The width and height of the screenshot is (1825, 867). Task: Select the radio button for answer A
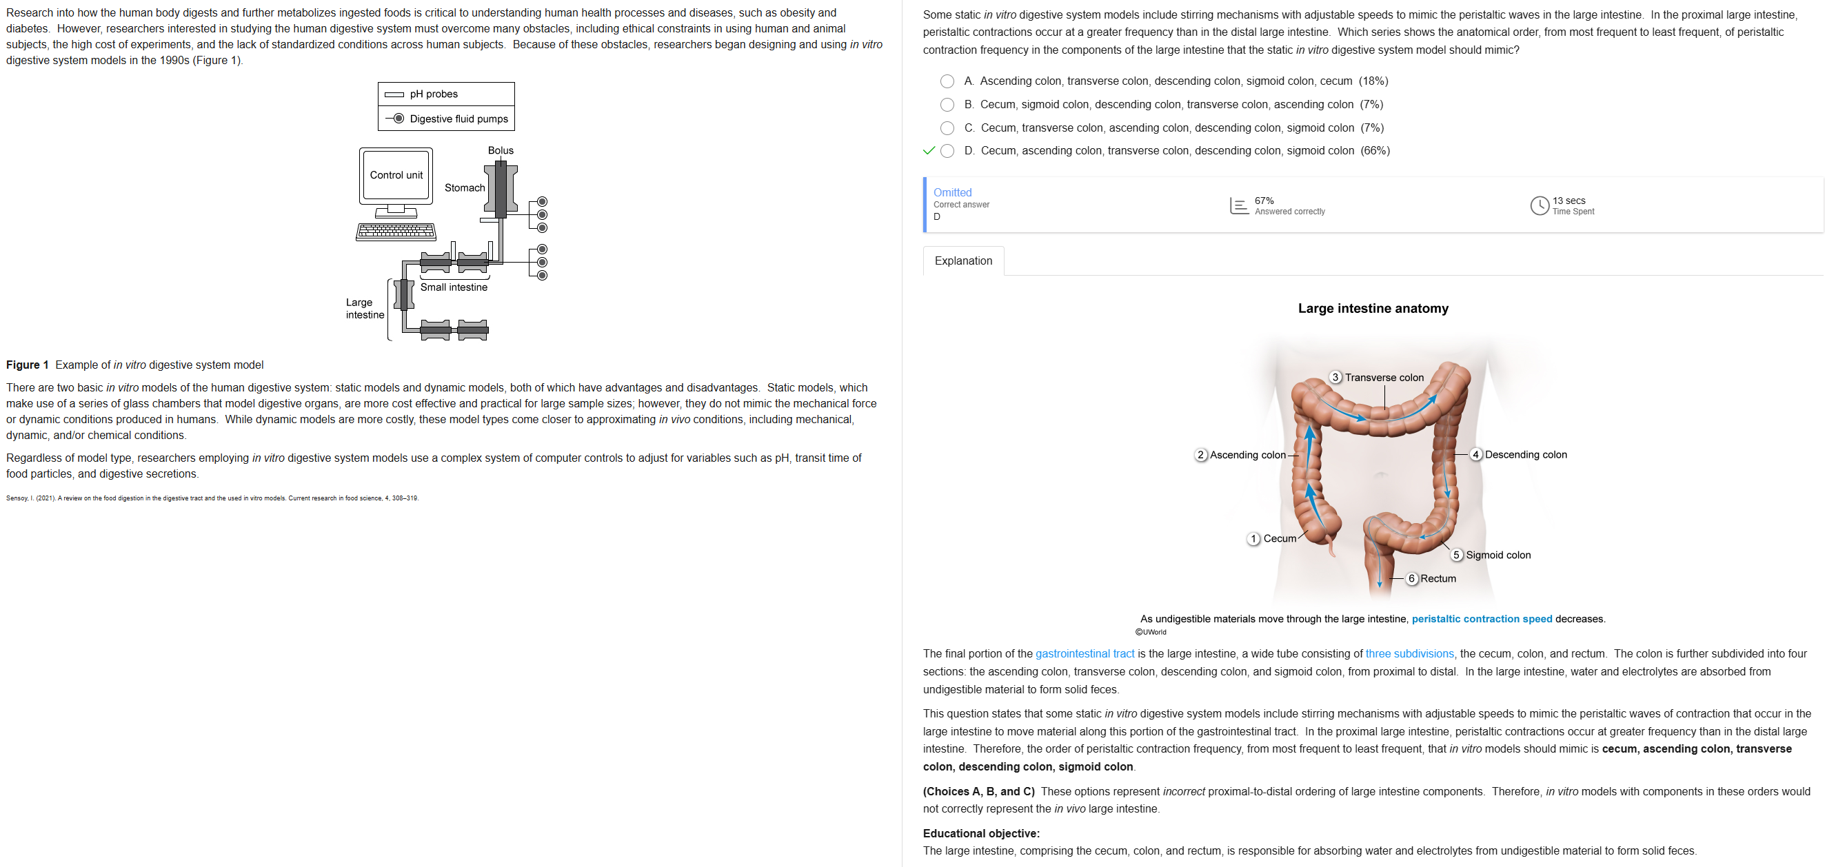(x=947, y=81)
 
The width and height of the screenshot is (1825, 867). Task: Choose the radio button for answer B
(x=947, y=105)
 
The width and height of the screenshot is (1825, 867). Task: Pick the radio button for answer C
(x=947, y=128)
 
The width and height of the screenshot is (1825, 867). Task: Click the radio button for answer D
(x=947, y=151)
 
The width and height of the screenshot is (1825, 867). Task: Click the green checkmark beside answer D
(x=928, y=151)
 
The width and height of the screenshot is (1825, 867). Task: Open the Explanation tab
(x=962, y=261)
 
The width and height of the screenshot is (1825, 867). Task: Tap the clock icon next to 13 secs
(x=1539, y=205)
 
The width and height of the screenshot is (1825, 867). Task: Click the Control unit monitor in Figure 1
(x=396, y=175)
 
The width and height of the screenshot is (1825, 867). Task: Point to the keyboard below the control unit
(x=396, y=232)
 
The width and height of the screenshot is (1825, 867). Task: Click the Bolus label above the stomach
(x=500, y=150)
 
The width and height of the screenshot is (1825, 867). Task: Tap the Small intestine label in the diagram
(x=454, y=287)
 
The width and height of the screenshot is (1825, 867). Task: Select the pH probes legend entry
(x=434, y=94)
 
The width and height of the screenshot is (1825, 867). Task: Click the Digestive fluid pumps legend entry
(x=458, y=119)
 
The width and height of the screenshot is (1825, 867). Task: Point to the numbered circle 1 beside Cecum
(x=1253, y=539)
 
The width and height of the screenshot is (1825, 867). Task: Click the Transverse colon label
(x=1384, y=378)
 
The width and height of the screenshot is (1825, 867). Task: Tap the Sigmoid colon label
(x=1498, y=555)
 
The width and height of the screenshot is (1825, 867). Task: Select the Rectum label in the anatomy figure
(x=1438, y=579)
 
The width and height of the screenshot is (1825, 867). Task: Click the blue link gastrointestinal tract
(x=1084, y=654)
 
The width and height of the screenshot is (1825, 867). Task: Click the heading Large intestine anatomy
(x=1372, y=308)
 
